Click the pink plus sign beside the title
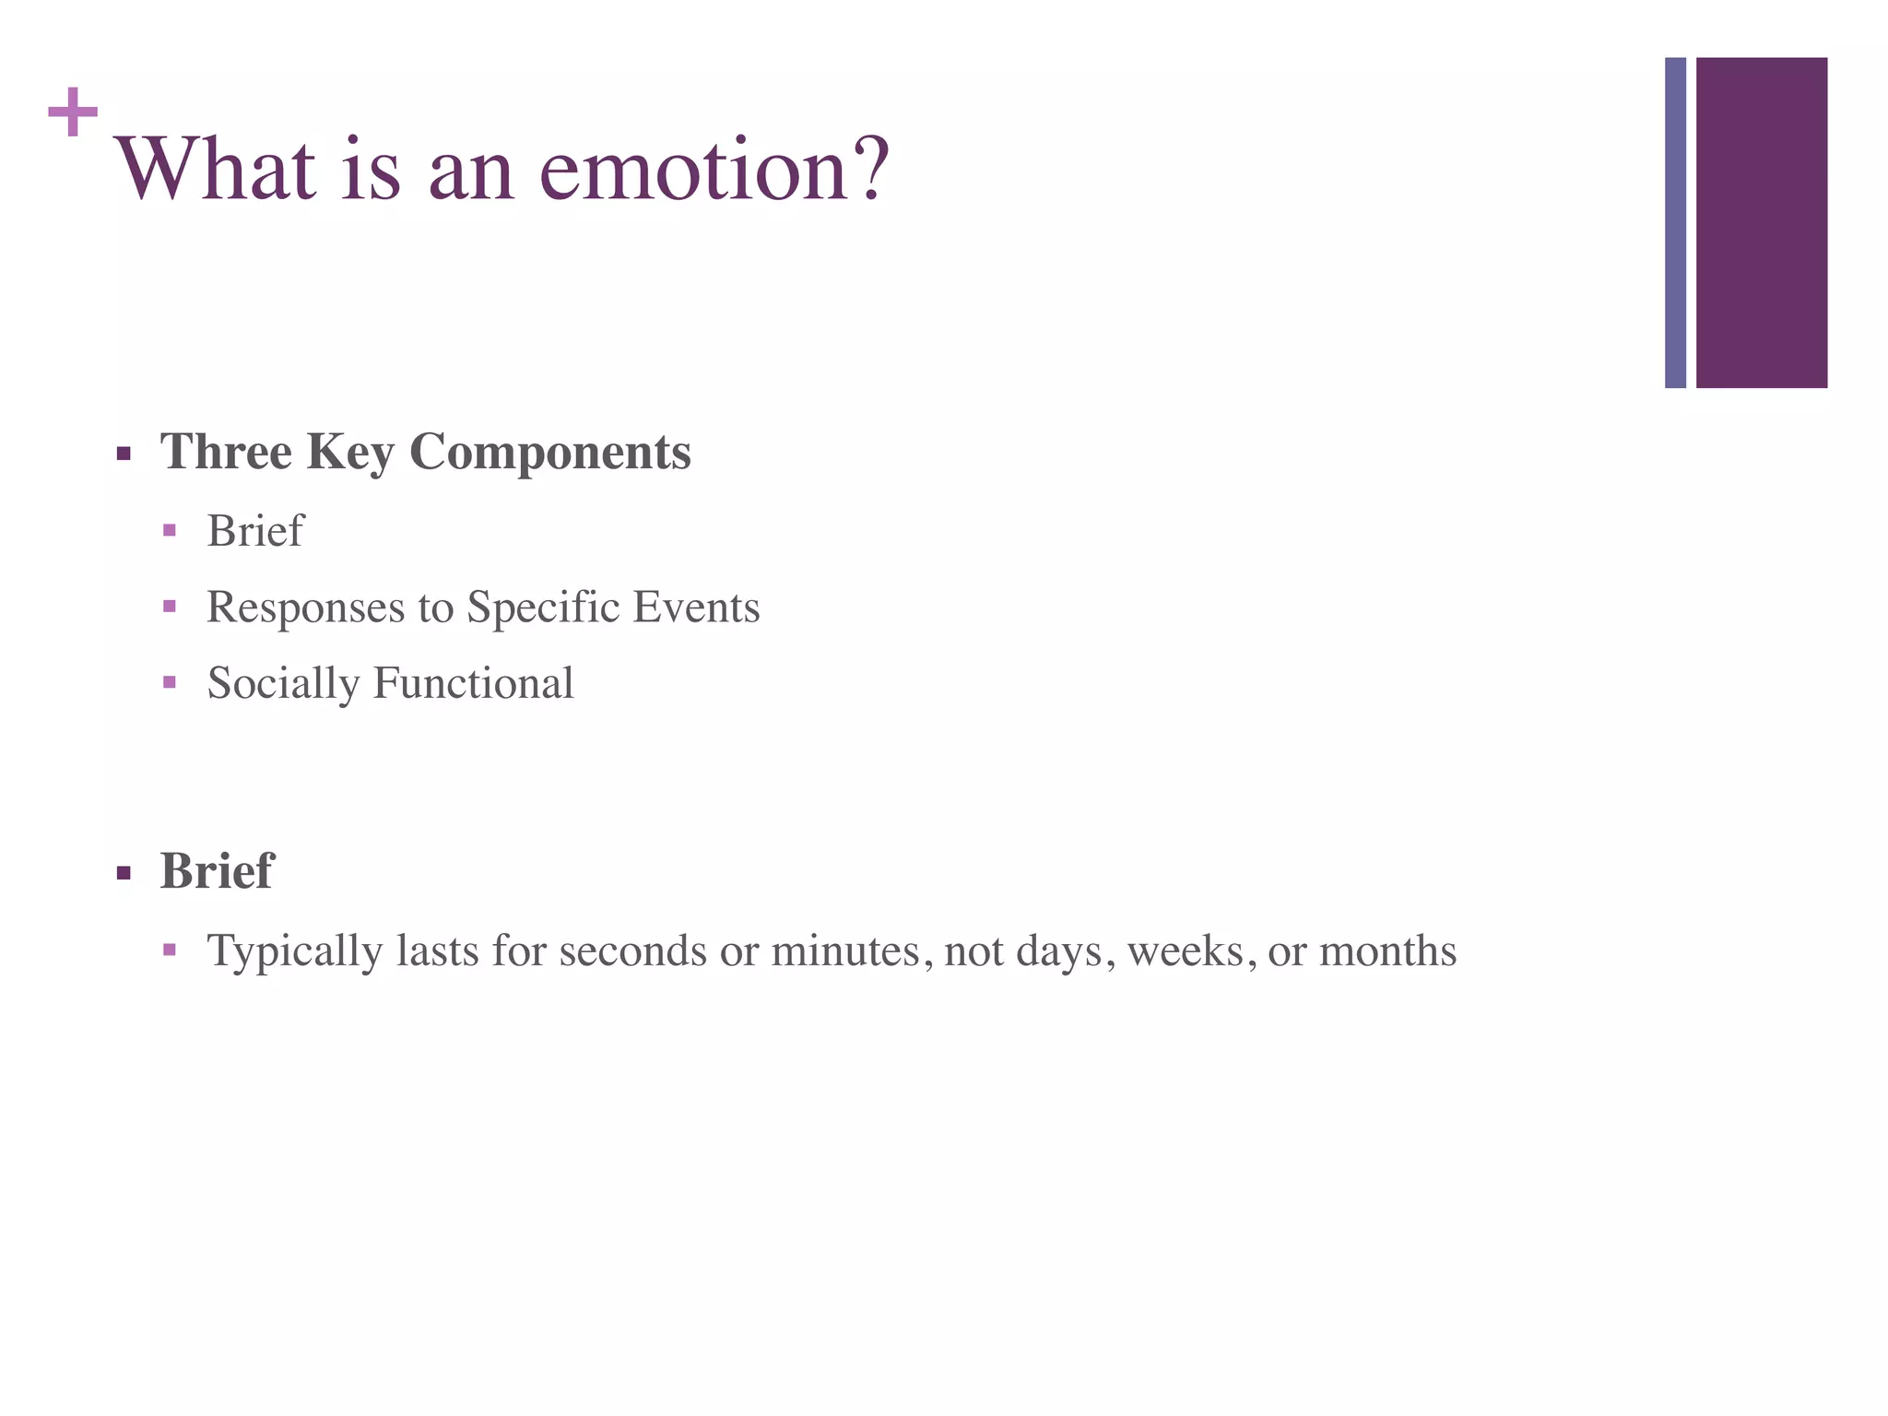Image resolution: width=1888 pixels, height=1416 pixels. pyautogui.click(x=73, y=112)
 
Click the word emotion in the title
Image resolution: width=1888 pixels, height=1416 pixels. pyautogui.click(x=694, y=171)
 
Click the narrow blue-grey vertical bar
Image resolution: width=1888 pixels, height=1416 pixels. pyautogui.click(x=1675, y=222)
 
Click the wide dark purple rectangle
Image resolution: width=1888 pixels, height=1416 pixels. pyautogui.click(x=1761, y=222)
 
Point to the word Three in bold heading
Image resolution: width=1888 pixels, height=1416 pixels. pyautogui.click(x=226, y=452)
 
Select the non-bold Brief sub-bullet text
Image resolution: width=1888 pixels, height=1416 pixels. pyautogui.click(x=255, y=531)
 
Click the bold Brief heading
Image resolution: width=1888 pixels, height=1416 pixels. pyautogui.click(x=217, y=870)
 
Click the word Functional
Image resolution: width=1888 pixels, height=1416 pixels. pyautogui.click(x=474, y=684)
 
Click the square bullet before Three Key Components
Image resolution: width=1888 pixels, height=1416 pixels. pyautogui.click(x=124, y=454)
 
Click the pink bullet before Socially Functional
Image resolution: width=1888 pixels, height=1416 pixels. pyautogui.click(x=169, y=683)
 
